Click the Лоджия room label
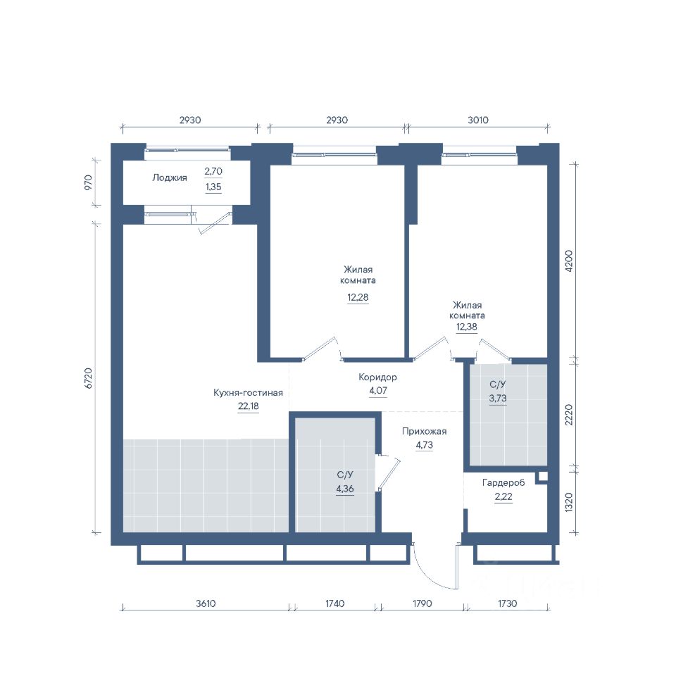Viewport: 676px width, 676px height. (x=170, y=177)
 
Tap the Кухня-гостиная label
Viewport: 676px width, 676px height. (x=248, y=392)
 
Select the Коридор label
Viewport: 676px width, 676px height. (x=377, y=377)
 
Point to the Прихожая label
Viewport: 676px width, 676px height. (x=424, y=431)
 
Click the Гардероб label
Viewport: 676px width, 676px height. (x=503, y=482)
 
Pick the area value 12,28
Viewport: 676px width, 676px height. (x=358, y=297)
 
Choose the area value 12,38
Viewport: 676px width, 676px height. (x=467, y=327)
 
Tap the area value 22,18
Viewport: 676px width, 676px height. (x=249, y=406)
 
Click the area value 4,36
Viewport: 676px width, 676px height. (x=345, y=489)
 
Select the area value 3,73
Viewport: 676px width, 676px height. (x=498, y=399)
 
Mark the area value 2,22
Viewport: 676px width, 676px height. (x=503, y=496)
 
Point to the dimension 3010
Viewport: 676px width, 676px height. (x=478, y=120)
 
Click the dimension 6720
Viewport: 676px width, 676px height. (x=89, y=378)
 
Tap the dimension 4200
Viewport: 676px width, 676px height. (x=569, y=261)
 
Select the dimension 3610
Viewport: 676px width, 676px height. (x=206, y=603)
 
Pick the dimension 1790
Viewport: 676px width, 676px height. (x=422, y=603)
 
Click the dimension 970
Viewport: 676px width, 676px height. (x=88, y=182)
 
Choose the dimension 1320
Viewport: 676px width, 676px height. (x=569, y=502)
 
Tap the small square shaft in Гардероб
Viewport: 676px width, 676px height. (x=543, y=477)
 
